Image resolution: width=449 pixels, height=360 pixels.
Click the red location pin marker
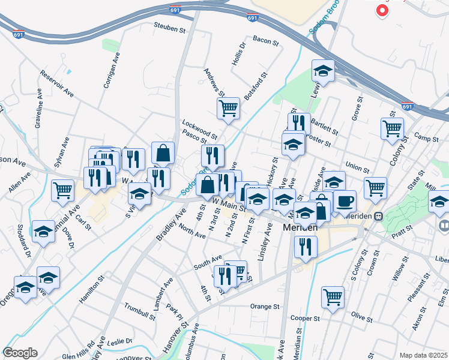381,10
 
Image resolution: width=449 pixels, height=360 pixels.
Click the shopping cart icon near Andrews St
228,109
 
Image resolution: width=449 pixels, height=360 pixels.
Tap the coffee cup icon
345,201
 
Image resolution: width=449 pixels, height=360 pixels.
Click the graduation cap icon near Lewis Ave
323,71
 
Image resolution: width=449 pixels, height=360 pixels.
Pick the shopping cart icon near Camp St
392,128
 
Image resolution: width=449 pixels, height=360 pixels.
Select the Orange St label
265,306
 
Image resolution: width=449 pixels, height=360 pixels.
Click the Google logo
20,353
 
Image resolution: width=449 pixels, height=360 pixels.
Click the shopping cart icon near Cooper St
333,296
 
